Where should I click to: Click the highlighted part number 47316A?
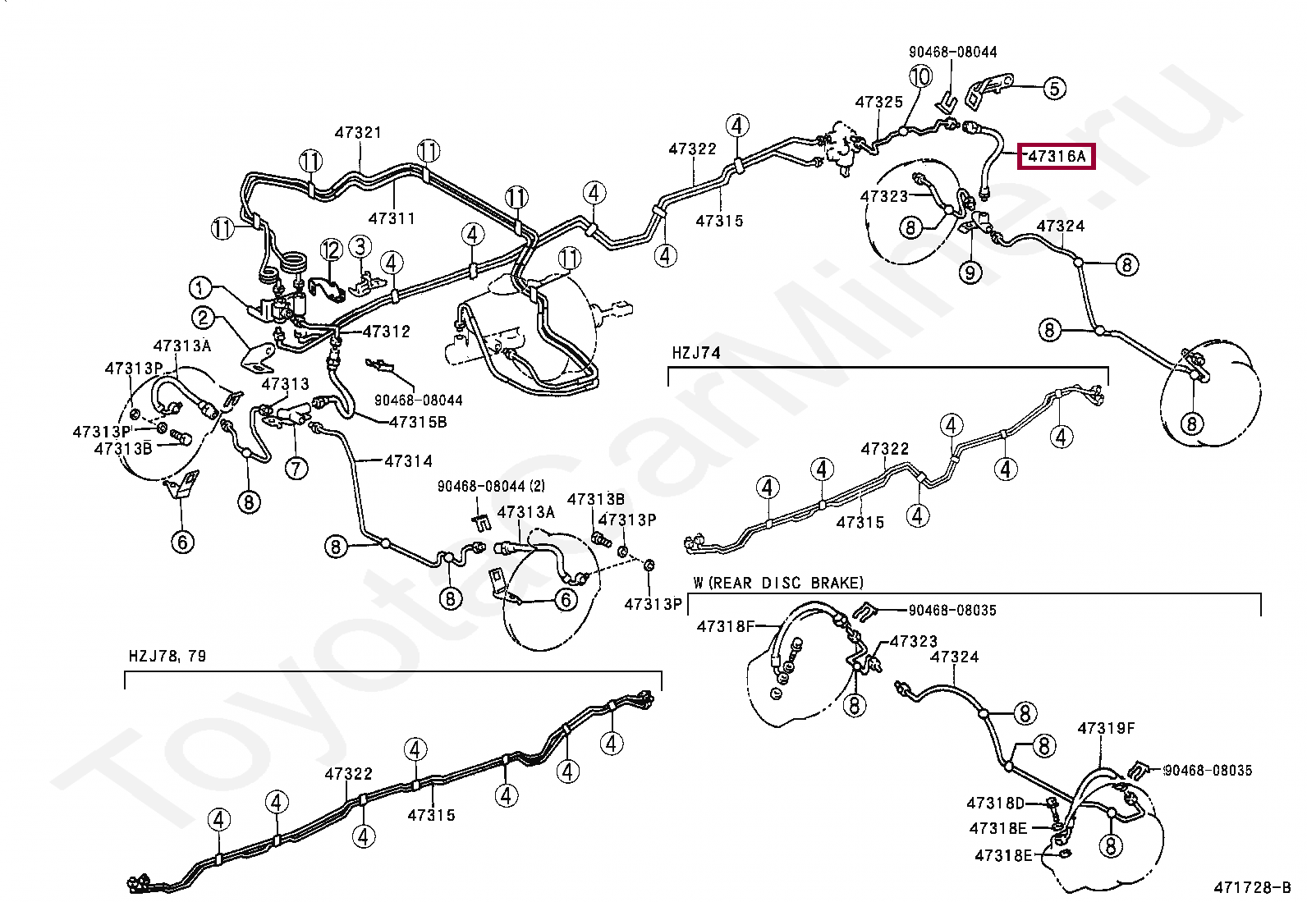tap(1057, 157)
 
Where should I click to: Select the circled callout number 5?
tap(1054, 89)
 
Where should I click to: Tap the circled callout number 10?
tap(921, 76)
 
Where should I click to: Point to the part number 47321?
tap(358, 132)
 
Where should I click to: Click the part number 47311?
tap(392, 219)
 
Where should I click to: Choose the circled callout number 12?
tap(331, 250)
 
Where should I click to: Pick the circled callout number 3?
tap(360, 245)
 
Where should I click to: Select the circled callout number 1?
tap(200, 287)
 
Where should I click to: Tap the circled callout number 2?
tap(203, 318)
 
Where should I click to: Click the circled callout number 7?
tap(296, 468)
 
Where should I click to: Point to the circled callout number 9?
tap(970, 272)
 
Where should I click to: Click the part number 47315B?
tap(418, 422)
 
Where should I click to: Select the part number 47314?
tap(409, 461)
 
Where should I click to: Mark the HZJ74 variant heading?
tap(696, 353)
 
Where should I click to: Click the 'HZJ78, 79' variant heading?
tap(167, 657)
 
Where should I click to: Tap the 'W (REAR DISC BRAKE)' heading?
tap(778, 583)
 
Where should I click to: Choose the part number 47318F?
tap(726, 626)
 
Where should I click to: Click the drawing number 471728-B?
tap(1253, 887)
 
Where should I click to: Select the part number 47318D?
tap(995, 804)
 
